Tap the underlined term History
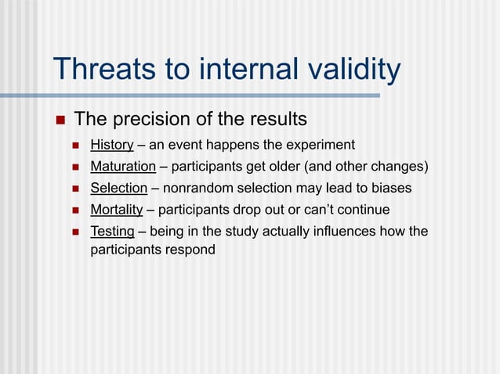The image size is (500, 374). pyautogui.click(x=112, y=145)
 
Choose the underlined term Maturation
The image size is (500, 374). pyautogui.click(x=123, y=167)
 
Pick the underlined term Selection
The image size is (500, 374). pyautogui.click(x=118, y=188)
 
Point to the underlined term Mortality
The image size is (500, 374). pyautogui.click(x=117, y=210)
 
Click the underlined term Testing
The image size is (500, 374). pyautogui.click(x=112, y=232)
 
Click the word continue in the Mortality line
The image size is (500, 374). pyautogui.click(x=362, y=210)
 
